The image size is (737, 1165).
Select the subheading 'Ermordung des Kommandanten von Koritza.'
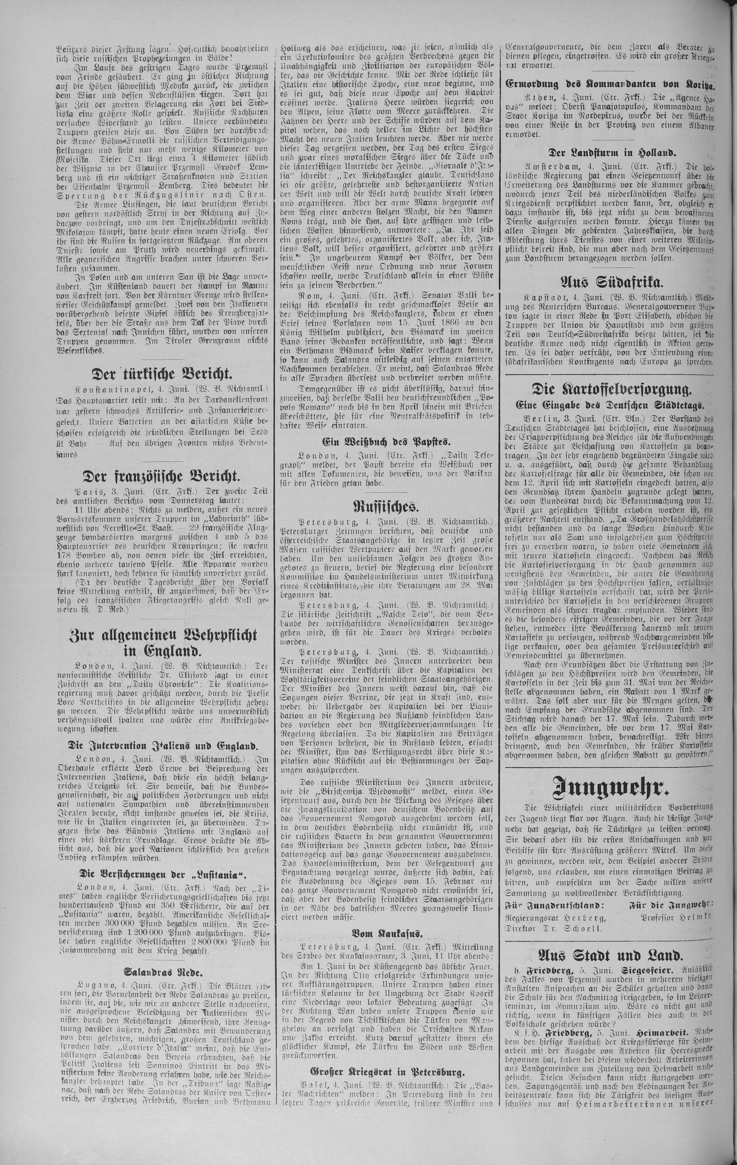(x=609, y=83)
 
